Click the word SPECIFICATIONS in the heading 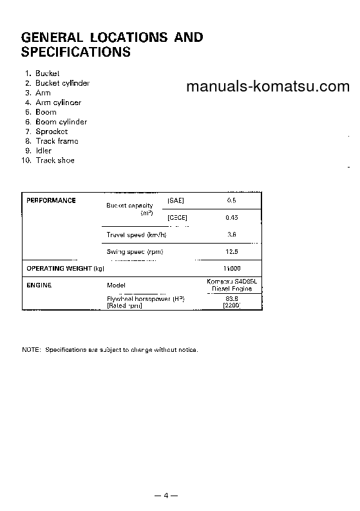click(x=76, y=52)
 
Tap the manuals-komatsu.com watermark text click(x=267, y=87)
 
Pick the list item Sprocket click(x=52, y=131)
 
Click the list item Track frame click(x=57, y=141)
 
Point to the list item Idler click(x=43, y=151)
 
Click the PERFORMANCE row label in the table click(x=51, y=200)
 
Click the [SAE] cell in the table click(x=176, y=200)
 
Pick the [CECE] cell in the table click(x=177, y=218)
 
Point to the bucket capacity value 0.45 click(x=232, y=218)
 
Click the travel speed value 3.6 click(x=232, y=235)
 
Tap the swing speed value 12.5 click(x=232, y=251)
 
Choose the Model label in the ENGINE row click(x=116, y=284)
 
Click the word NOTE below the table click(x=31, y=350)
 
